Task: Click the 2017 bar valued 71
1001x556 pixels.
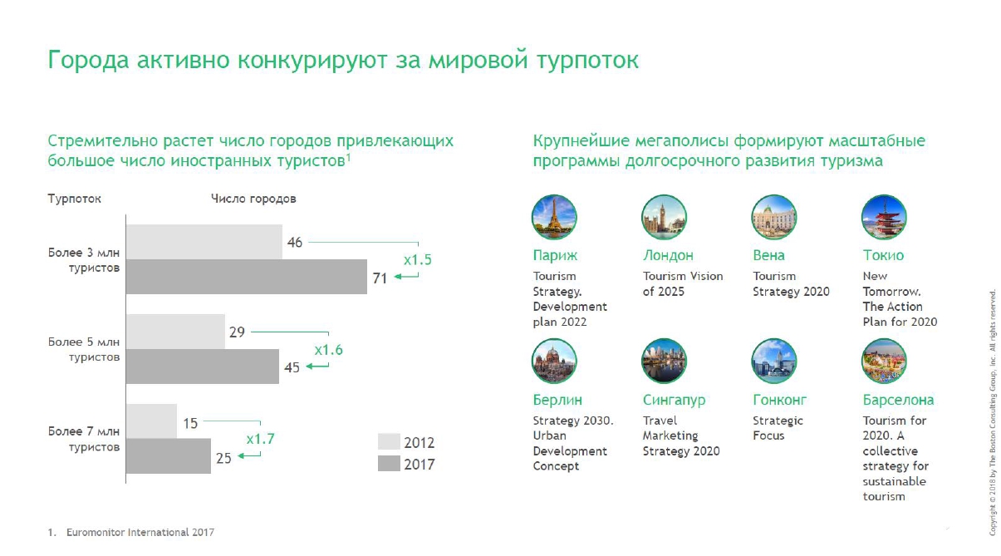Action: pyautogui.click(x=246, y=277)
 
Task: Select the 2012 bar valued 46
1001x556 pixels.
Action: pyautogui.click(x=204, y=242)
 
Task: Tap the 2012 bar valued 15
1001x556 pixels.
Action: pyautogui.click(x=151, y=421)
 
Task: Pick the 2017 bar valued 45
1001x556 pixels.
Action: pyautogui.click(x=202, y=367)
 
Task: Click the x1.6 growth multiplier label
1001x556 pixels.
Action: pyautogui.click(x=328, y=350)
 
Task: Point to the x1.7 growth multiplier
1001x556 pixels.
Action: pyautogui.click(x=260, y=439)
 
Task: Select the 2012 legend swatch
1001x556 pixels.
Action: pyautogui.click(x=389, y=442)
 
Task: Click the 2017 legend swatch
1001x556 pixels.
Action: pyautogui.click(x=389, y=464)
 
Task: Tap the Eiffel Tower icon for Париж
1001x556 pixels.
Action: pyautogui.click(x=554, y=218)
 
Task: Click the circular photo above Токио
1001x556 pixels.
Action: pyautogui.click(x=884, y=218)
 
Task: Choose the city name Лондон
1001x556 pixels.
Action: pyautogui.click(x=668, y=255)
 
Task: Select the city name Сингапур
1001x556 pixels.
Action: pyautogui.click(x=674, y=400)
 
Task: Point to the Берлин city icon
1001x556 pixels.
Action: pyautogui.click(x=554, y=362)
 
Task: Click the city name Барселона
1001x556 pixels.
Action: pyautogui.click(x=898, y=400)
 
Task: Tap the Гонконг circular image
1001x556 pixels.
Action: pyautogui.click(x=774, y=362)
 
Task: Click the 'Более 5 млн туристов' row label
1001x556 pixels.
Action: pyautogui.click(x=84, y=349)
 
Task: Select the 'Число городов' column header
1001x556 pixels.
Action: pyautogui.click(x=253, y=199)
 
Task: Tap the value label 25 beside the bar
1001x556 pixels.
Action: pyautogui.click(x=223, y=456)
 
